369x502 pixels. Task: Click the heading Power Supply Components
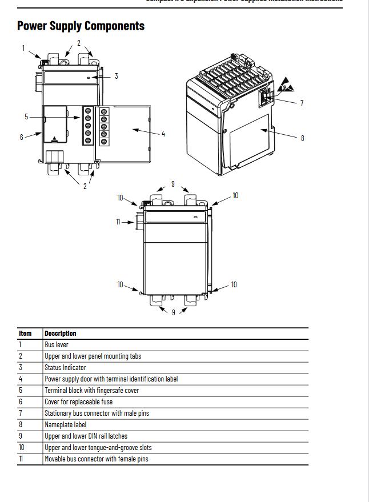tap(81, 26)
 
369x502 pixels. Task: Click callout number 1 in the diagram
tap(23, 48)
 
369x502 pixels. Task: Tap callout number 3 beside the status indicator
tap(117, 76)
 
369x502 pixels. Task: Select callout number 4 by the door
tap(163, 134)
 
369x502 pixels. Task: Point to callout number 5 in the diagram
tap(26, 117)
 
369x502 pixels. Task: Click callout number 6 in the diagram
tap(22, 137)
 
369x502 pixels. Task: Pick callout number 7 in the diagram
tap(302, 103)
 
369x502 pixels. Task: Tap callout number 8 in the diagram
tap(302, 138)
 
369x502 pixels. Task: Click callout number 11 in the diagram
tap(118, 222)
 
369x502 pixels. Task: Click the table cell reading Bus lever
tap(57, 345)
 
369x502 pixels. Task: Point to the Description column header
tap(60, 334)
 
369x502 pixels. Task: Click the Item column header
tap(25, 334)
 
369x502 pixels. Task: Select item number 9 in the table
tap(20, 436)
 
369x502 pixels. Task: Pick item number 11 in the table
tap(21, 459)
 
